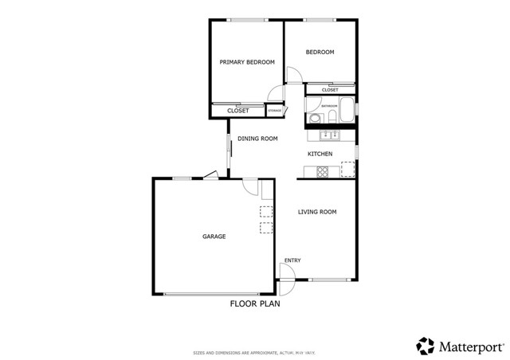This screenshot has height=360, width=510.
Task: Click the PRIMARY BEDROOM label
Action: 247,62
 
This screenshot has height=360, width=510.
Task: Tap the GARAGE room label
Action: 214,237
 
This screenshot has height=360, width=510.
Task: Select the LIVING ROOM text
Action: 317,212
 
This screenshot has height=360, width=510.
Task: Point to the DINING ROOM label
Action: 257,139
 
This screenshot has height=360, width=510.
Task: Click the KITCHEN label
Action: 320,154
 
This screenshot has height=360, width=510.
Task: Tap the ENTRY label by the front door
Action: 292,260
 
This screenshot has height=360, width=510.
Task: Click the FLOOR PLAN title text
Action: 255,303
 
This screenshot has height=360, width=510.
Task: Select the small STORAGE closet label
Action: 274,111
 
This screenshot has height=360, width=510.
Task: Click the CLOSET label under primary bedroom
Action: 237,111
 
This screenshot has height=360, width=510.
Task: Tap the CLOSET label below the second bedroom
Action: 330,91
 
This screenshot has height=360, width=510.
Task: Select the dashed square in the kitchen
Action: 347,167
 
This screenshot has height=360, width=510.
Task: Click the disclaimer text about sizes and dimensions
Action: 254,351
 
